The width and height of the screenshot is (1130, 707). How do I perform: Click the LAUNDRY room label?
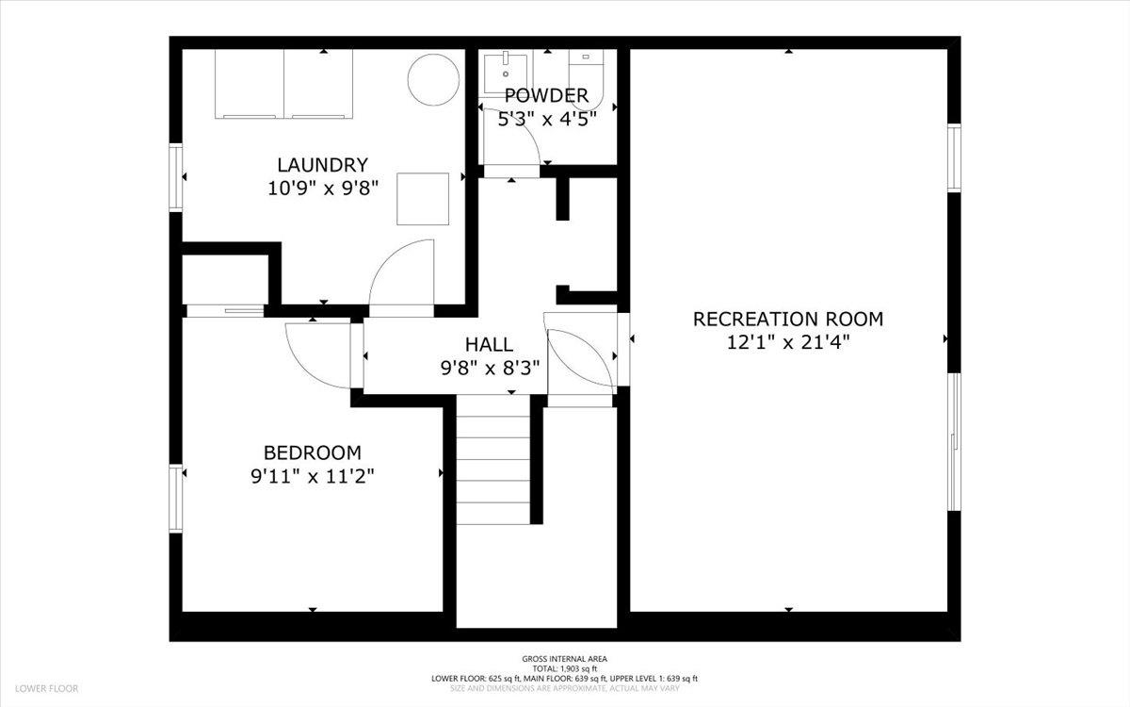[x=322, y=165]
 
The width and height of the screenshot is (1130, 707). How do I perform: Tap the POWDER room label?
[x=546, y=95]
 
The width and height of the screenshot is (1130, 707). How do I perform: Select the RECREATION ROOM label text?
[x=788, y=320]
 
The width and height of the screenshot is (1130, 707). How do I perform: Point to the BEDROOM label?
[x=313, y=452]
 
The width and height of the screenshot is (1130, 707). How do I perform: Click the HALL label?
[x=489, y=344]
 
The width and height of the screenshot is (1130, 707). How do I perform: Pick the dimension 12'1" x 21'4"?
[x=788, y=343]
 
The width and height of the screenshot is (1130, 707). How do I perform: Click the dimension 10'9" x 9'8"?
[x=322, y=189]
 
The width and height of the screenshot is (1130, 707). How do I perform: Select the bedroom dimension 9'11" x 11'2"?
[x=313, y=476]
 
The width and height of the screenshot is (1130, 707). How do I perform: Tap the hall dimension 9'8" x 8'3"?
[x=490, y=369]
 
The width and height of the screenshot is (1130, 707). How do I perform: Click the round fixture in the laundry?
[x=433, y=79]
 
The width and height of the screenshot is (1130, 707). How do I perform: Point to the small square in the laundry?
[x=423, y=199]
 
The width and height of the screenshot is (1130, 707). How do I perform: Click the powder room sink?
[x=506, y=73]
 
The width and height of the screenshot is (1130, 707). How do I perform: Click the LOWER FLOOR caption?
[x=46, y=688]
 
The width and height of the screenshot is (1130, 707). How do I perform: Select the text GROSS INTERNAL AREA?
[x=564, y=659]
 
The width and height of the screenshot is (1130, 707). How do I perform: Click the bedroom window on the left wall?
[x=175, y=498]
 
